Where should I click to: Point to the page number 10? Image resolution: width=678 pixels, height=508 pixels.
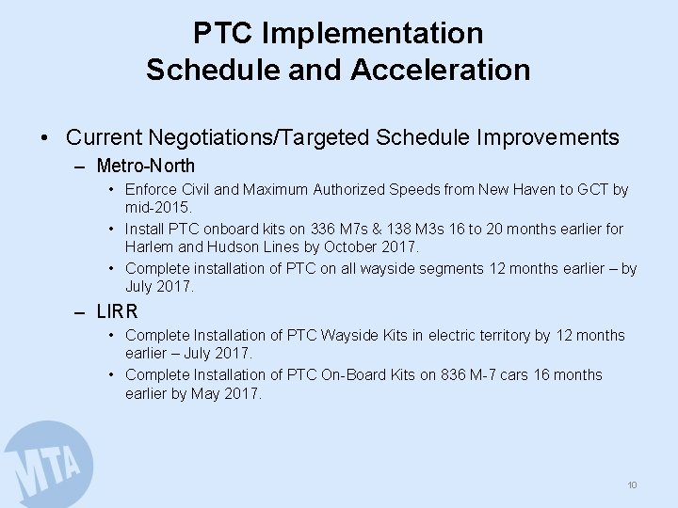632,484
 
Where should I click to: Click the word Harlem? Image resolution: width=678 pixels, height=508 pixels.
150,247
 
